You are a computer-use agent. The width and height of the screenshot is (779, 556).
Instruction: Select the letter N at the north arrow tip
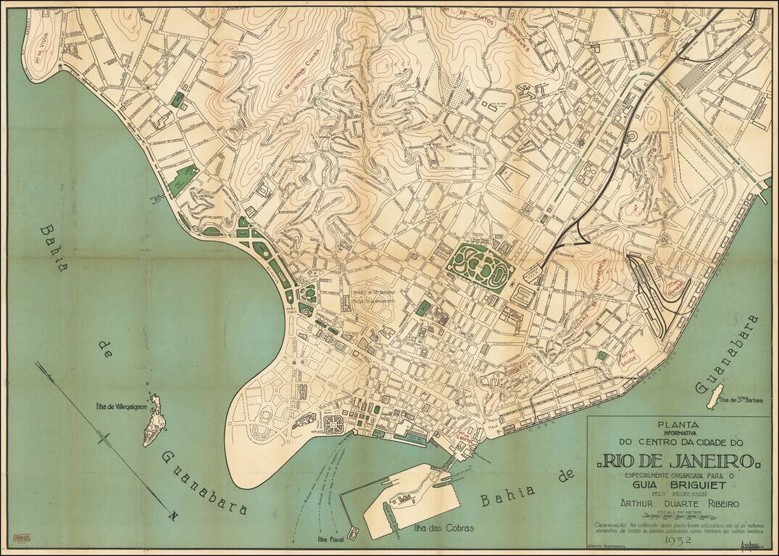click(172, 515)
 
